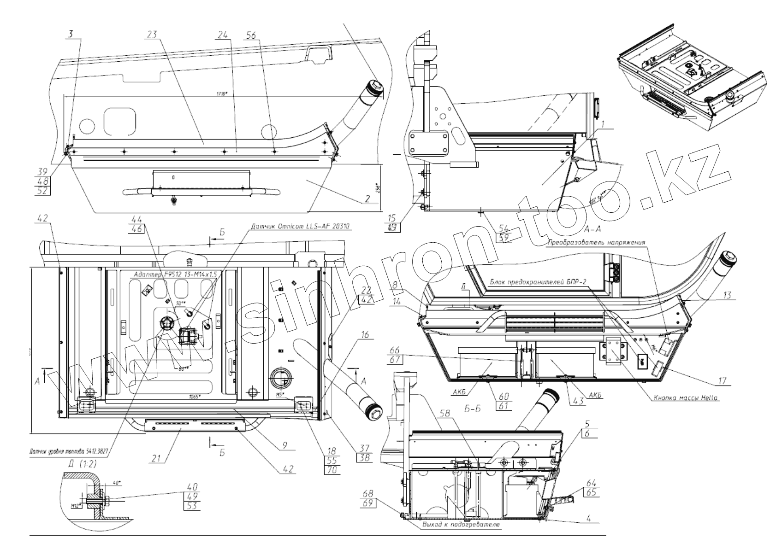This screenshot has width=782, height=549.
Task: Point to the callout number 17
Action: coord(722,381)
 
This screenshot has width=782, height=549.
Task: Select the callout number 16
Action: coord(365,335)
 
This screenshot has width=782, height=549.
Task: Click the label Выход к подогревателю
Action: coord(461,525)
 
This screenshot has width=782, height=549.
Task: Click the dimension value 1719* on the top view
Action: coord(222,93)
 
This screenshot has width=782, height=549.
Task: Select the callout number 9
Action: coord(284,445)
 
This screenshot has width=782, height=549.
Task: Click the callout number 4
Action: coord(589,518)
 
